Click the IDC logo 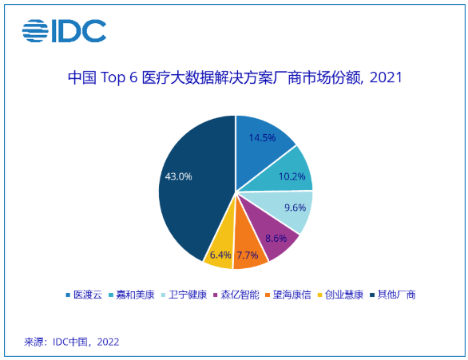tap(64, 31)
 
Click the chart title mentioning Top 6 tap(234, 78)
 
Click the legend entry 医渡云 tap(83, 295)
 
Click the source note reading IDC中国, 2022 tap(72, 342)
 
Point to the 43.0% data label tap(178, 176)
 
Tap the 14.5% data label tap(262, 137)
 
